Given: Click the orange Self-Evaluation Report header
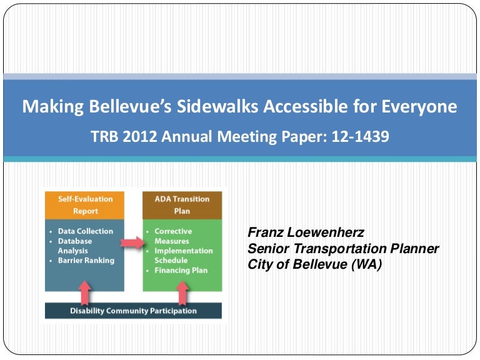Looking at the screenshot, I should pos(86,205).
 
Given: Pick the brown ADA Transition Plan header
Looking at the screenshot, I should pos(182,205).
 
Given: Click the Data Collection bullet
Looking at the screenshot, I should pos(86,231).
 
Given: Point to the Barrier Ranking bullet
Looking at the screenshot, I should pos(86,261).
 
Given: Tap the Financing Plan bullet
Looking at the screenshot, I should pos(181,271).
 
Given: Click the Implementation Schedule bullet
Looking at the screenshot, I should pos(183,256).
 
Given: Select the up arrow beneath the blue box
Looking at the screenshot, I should pos(86,291).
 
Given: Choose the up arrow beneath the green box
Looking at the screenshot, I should pos(182,291).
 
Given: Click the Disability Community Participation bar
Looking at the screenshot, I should pos(133,311).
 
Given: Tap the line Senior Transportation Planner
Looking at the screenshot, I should pos(343,249).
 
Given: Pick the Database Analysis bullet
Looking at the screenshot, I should pos(75,246).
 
